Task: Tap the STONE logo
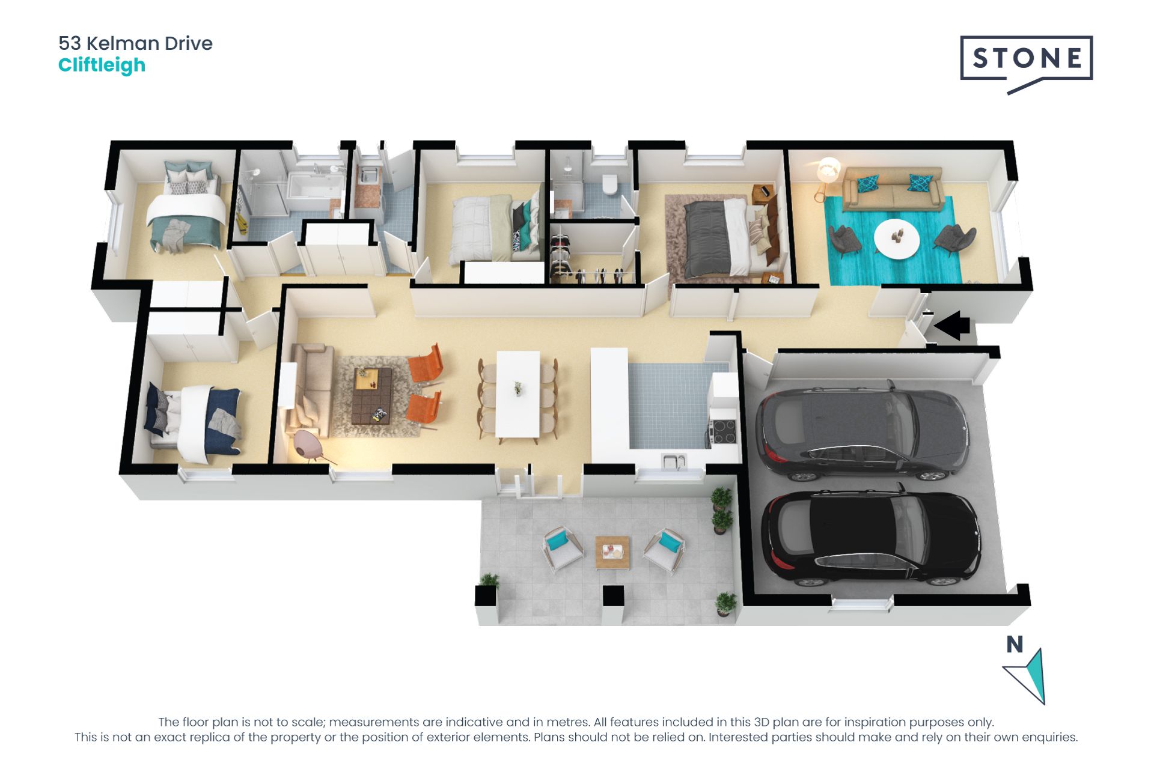tap(1027, 58)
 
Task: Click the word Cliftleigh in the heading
tap(102, 65)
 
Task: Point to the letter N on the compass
tap(1015, 645)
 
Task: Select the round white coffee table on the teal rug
tap(896, 239)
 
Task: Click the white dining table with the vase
tap(517, 394)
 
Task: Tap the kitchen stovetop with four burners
tap(723, 431)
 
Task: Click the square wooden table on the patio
tap(612, 552)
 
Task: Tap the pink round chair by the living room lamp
tap(307, 445)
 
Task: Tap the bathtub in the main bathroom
tap(316, 186)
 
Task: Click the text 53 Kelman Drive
tap(135, 43)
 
